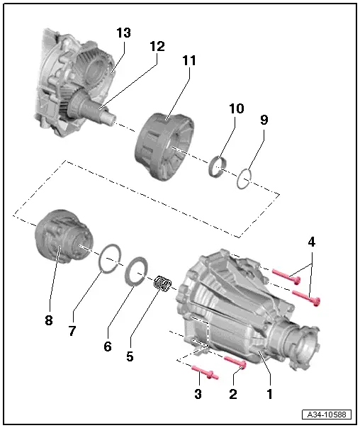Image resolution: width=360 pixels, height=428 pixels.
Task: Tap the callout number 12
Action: coord(157,46)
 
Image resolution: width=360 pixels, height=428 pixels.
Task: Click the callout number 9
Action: coord(264,120)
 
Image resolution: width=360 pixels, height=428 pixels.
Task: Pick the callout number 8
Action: coord(48,320)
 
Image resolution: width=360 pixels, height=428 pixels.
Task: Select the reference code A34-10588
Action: coord(327,415)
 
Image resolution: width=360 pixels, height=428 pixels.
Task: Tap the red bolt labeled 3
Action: coord(206,372)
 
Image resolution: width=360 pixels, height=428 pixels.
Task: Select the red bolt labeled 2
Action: coord(236,364)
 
